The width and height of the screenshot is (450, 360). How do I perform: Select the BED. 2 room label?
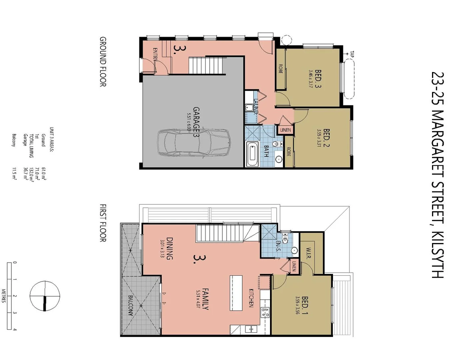click(326, 138)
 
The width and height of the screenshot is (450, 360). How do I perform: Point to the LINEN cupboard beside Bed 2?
click(285, 130)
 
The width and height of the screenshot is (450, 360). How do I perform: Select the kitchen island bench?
click(236, 293)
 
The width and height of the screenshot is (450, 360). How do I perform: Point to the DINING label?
click(169, 248)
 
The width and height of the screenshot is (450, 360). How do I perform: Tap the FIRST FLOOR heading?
click(103, 223)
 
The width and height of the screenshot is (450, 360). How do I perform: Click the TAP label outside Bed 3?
click(352, 54)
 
